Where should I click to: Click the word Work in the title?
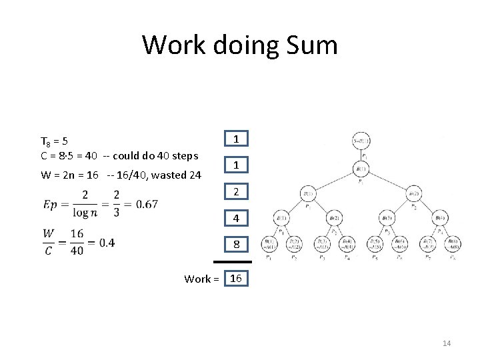[173, 45]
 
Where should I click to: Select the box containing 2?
[236, 192]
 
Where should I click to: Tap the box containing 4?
[236, 219]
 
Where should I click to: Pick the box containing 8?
[236, 245]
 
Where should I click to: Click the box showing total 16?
[236, 278]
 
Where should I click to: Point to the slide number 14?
[447, 343]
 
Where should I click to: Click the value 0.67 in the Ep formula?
[146, 204]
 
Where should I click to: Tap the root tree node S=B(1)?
[361, 141]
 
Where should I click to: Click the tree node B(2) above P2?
[413, 194]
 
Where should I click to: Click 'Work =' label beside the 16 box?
[201, 279]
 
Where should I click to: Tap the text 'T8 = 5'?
[54, 141]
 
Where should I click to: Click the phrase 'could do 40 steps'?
[156, 156]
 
